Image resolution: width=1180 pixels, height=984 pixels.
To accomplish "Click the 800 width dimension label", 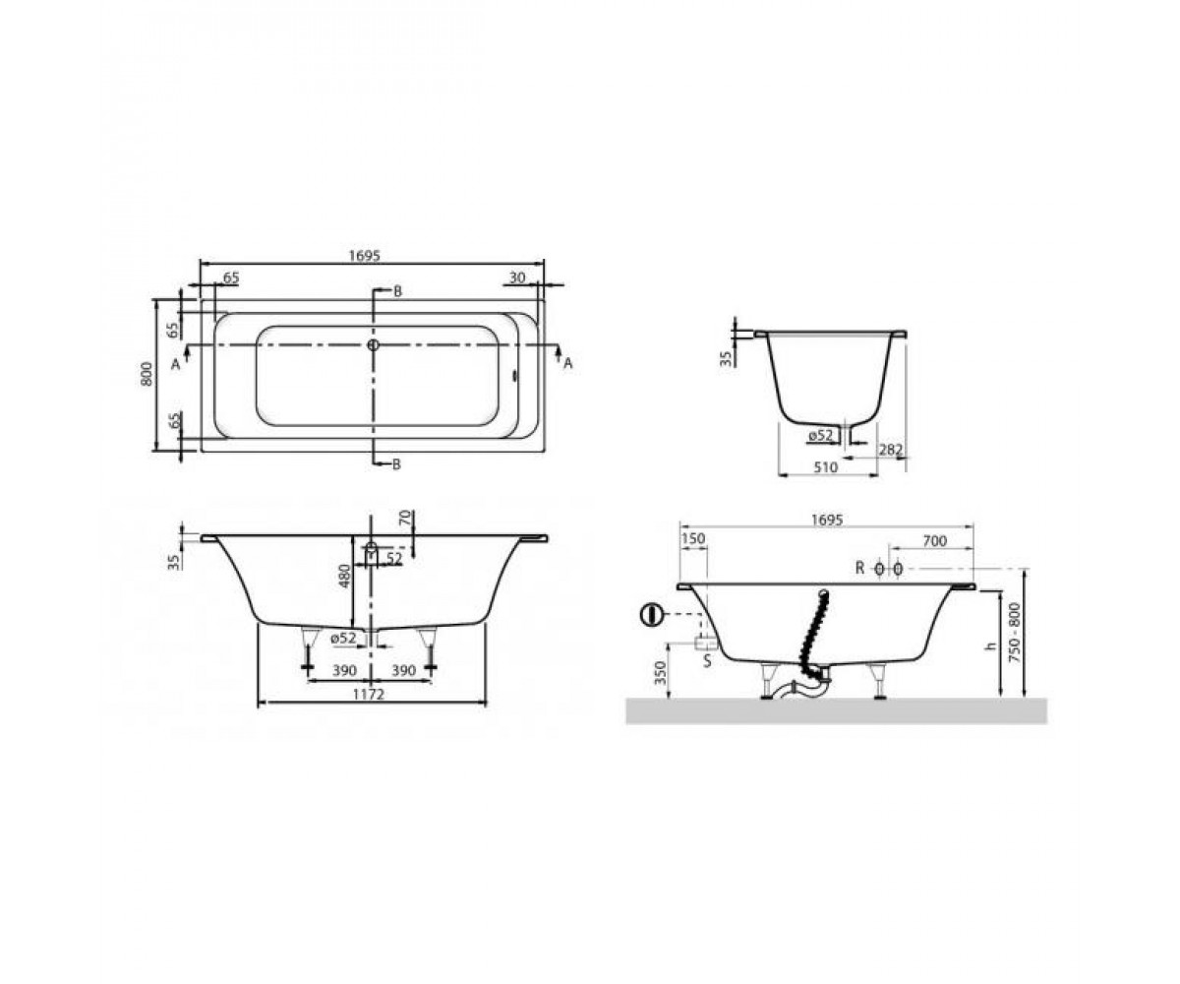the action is click(147, 374).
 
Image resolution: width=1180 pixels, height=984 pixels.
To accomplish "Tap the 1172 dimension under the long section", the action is click(369, 695).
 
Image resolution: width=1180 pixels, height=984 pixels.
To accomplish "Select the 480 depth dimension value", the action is click(345, 576).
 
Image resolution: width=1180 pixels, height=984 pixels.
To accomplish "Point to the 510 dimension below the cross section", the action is click(826, 467).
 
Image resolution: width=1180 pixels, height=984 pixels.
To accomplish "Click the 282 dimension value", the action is click(891, 450).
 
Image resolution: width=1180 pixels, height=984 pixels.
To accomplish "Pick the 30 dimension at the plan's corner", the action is click(517, 277).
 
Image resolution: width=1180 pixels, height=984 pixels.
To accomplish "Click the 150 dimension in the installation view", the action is click(693, 538).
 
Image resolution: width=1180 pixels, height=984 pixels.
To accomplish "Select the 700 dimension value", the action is click(934, 541).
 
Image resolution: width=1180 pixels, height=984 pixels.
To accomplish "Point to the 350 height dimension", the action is click(661, 672).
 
